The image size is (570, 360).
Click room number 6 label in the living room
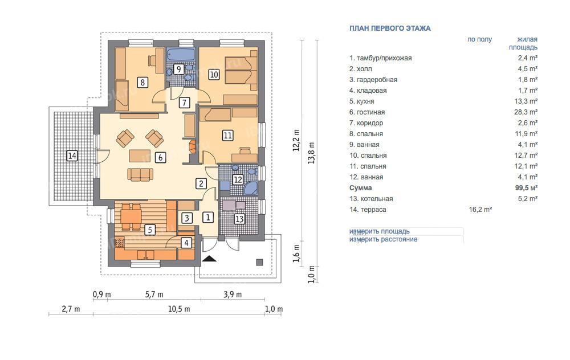(x=160, y=157)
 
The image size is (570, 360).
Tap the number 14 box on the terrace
(x=72, y=156)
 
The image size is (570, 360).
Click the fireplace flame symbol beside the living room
(x=192, y=146)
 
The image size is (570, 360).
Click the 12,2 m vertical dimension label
(x=296, y=140)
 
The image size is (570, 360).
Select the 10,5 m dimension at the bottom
(x=179, y=309)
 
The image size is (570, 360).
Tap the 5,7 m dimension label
(x=154, y=294)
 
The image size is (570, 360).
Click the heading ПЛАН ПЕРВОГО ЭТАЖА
(x=390, y=28)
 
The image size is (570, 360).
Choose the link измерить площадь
(x=380, y=231)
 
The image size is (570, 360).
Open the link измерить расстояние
(x=384, y=239)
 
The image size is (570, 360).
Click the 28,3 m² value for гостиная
(x=526, y=112)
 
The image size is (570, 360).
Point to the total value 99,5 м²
(x=526, y=188)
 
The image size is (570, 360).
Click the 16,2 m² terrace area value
(x=480, y=210)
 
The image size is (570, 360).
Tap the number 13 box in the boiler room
(x=239, y=219)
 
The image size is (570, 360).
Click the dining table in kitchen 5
(x=131, y=217)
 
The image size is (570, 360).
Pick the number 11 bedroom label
(x=227, y=136)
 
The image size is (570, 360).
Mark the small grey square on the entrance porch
(x=259, y=262)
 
